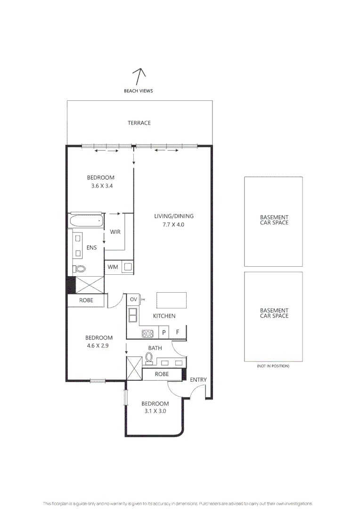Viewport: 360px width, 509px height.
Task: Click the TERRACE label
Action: [x=139, y=123]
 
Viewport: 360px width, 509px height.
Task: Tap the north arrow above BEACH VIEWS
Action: [x=138, y=76]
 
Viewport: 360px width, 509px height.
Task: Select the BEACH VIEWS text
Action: [x=138, y=91]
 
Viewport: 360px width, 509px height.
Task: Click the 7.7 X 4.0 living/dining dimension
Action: [x=173, y=225]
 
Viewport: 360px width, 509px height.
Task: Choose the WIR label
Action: [x=115, y=232]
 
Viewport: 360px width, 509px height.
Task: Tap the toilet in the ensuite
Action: [x=80, y=269]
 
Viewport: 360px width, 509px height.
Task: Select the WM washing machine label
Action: [x=113, y=267]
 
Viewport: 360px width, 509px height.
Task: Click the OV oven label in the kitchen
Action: [x=133, y=299]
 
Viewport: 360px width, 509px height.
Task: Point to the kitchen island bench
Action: [x=171, y=299]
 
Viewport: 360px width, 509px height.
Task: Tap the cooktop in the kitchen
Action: [x=148, y=334]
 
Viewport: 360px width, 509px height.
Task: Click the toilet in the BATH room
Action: [x=149, y=359]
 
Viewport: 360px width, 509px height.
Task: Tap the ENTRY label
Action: [x=198, y=380]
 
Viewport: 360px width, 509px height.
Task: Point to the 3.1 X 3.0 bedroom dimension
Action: [x=155, y=411]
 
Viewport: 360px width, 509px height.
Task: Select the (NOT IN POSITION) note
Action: [x=273, y=366]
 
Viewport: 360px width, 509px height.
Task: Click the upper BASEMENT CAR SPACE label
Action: [x=274, y=220]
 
